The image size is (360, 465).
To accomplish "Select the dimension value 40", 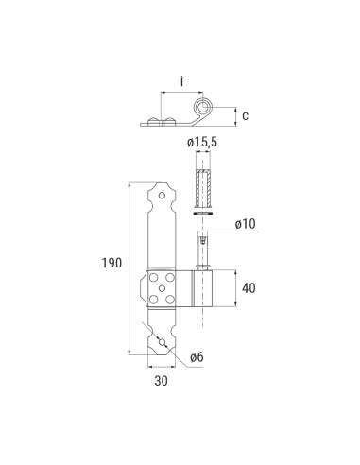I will [247, 287].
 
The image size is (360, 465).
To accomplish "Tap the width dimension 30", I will [160, 382].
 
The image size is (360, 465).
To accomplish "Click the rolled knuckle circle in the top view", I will [200, 107].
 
